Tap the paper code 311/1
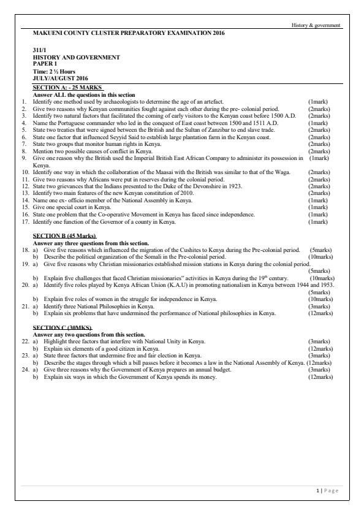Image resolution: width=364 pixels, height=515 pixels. pyautogui.click(x=40, y=51)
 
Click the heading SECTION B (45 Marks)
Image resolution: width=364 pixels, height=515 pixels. pyautogui.click(x=64, y=236)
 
